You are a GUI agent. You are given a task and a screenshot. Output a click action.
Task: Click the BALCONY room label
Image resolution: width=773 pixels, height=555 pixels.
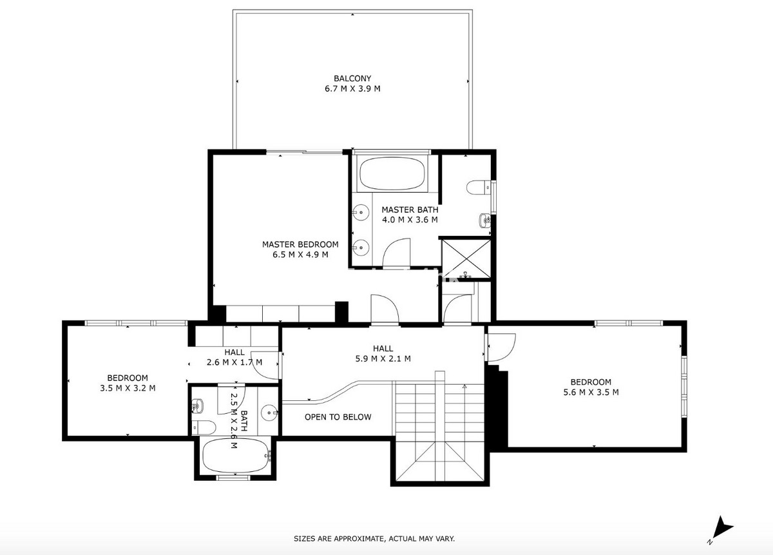[x=352, y=79]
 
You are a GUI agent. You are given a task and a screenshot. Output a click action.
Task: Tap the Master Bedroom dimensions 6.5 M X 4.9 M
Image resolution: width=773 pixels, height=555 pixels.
[x=300, y=255]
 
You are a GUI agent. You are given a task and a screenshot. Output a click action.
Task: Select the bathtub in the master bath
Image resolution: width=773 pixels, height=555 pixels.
[x=392, y=173]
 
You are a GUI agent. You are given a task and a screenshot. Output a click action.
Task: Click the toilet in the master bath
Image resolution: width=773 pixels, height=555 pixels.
[x=478, y=188]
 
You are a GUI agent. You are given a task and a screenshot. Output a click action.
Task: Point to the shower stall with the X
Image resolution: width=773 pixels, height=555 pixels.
[x=466, y=258]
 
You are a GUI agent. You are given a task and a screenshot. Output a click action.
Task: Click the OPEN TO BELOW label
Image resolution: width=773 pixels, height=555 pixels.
[x=338, y=417]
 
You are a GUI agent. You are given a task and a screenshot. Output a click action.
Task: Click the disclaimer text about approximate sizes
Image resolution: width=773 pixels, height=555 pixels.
[x=374, y=538]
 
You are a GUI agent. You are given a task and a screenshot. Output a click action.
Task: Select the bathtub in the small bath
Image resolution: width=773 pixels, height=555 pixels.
[x=236, y=455]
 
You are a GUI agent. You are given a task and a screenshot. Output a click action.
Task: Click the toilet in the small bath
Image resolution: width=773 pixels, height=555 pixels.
[x=204, y=427]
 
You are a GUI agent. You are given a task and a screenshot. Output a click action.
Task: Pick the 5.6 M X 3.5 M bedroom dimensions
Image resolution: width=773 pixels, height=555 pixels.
[x=591, y=392]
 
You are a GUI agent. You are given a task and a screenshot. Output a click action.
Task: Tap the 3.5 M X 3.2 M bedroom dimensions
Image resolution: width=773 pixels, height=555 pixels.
[x=128, y=388]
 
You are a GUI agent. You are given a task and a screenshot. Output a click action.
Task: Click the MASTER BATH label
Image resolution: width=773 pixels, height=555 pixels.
[x=410, y=209]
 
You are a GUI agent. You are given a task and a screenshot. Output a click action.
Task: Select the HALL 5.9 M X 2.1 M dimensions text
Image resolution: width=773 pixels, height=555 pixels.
[x=383, y=358]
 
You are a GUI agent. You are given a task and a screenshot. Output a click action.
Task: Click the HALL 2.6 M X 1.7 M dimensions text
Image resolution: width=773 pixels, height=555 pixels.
[x=234, y=362]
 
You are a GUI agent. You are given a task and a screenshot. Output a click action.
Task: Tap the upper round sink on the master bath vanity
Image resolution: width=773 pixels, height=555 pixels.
[x=361, y=211]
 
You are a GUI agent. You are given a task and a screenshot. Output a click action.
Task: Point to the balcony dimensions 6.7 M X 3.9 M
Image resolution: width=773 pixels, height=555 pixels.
[x=352, y=89]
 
